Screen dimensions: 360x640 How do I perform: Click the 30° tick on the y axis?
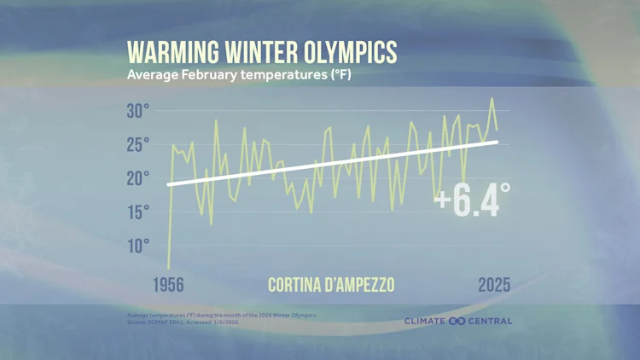coord(138,111)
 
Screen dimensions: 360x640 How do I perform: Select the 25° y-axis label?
coord(138,144)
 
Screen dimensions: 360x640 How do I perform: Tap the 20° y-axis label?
coord(138,178)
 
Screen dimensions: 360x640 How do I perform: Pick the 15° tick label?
coord(138,212)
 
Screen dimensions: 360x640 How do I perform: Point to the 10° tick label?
coord(138,246)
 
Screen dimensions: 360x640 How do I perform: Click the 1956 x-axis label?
coord(168,285)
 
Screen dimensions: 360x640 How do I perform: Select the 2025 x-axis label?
coord(494,285)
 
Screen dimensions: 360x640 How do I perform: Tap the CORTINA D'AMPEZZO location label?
coord(331,285)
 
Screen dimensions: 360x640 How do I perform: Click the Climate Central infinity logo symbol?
coord(457,322)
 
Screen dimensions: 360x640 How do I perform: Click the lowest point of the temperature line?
coord(168,268)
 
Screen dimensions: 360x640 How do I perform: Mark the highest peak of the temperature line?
coord(492,98)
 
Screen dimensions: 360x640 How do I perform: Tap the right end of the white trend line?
coord(497,142)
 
